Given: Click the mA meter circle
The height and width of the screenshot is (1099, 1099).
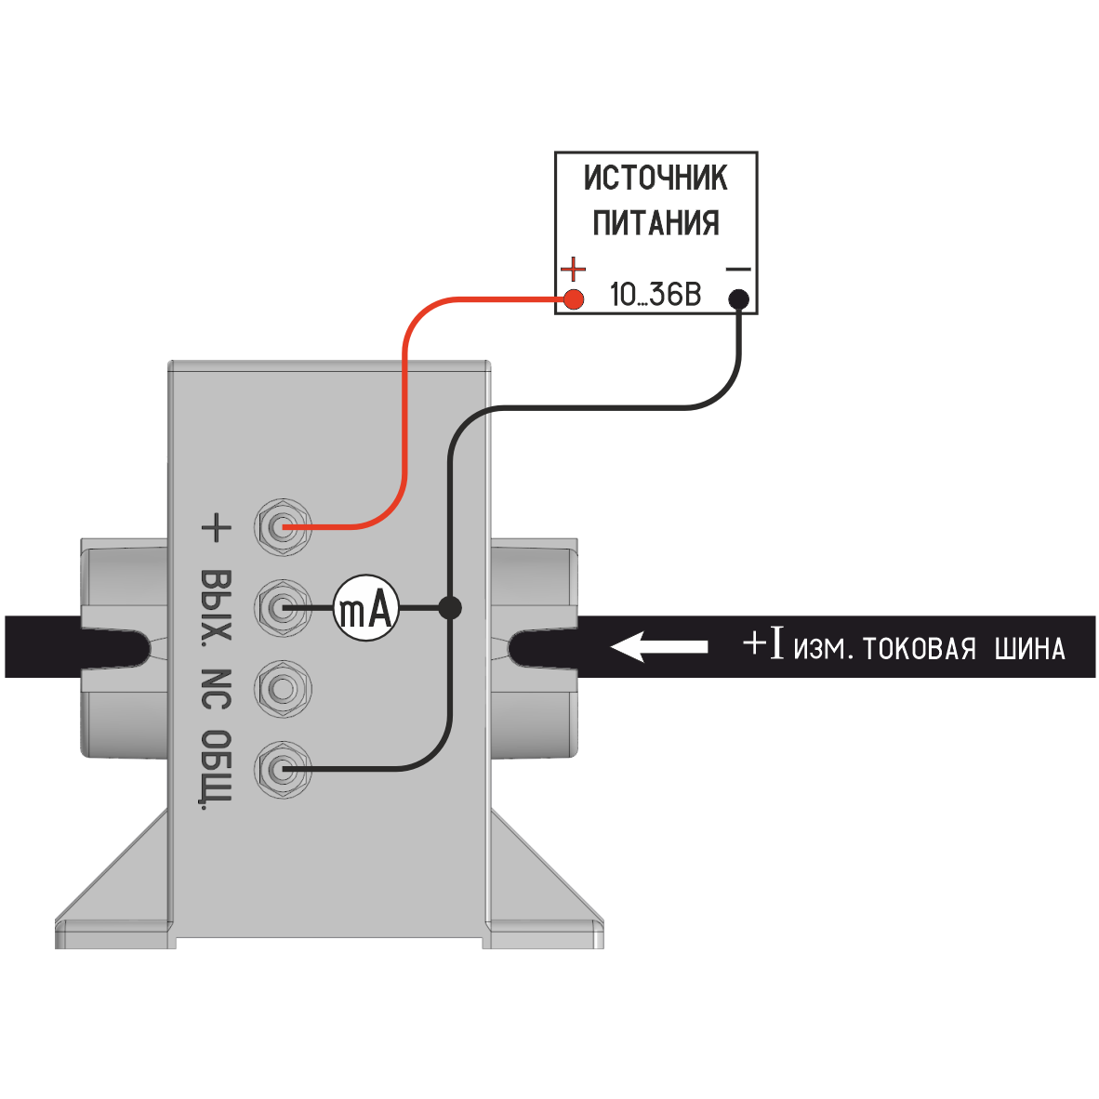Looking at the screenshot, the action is [366, 609].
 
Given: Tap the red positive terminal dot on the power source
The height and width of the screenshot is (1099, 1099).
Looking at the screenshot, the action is [574, 298].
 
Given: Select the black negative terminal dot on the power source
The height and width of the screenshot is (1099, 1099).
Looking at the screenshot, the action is [738, 298].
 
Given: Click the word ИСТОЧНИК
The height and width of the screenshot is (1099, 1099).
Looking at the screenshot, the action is [655, 178].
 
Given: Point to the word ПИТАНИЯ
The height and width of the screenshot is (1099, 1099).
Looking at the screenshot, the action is [655, 223].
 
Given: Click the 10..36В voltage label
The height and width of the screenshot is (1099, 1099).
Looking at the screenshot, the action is [655, 296].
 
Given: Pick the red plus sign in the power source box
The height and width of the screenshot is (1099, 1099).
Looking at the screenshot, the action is [575, 270].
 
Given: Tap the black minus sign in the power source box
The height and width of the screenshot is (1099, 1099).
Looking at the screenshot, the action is [737, 269].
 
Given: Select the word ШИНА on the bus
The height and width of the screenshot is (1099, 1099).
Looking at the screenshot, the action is [1029, 648].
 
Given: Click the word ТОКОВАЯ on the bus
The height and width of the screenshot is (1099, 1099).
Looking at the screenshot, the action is [920, 648].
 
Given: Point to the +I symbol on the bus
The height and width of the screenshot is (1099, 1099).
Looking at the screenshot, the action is [764, 643].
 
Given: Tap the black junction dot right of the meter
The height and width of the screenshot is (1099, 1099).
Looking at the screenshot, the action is [450, 608].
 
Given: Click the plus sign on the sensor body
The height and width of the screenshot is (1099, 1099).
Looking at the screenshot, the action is [215, 528].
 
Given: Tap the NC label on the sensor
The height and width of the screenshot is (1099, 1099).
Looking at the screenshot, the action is [215, 689].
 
